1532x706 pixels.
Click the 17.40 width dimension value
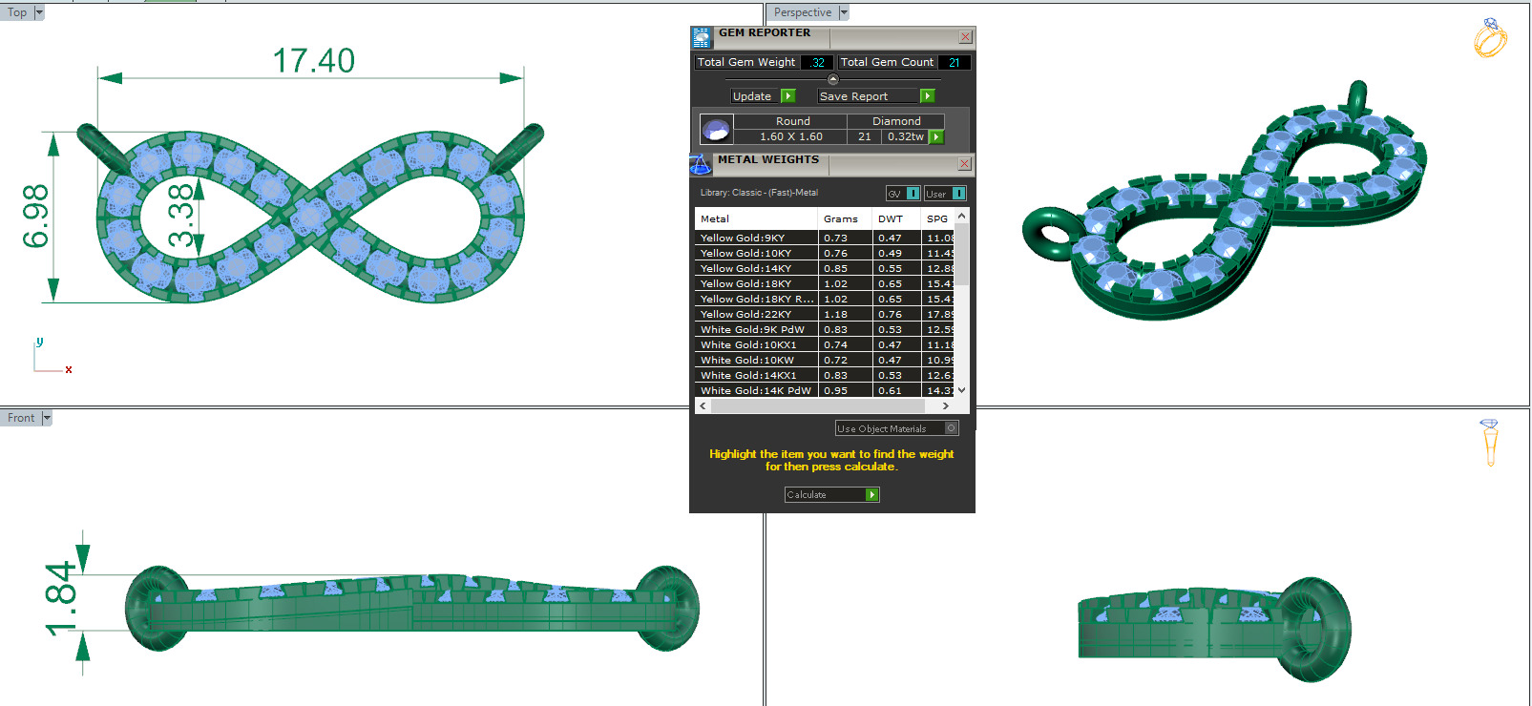point(313,61)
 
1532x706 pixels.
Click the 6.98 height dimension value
point(35,216)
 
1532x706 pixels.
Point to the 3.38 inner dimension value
point(180,216)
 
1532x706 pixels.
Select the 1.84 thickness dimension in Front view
point(61,598)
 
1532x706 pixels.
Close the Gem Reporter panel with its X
point(965,37)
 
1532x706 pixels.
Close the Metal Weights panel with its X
point(964,164)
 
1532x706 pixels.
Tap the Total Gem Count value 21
point(954,63)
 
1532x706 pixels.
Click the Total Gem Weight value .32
point(817,63)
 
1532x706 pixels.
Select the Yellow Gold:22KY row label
point(745,314)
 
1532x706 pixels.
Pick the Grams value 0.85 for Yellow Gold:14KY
point(835,268)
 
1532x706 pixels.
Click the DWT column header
point(890,218)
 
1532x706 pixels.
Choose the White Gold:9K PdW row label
point(752,329)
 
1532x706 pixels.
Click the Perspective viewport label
point(802,12)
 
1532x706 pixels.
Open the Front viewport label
point(20,418)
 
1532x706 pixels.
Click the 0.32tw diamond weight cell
point(905,136)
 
